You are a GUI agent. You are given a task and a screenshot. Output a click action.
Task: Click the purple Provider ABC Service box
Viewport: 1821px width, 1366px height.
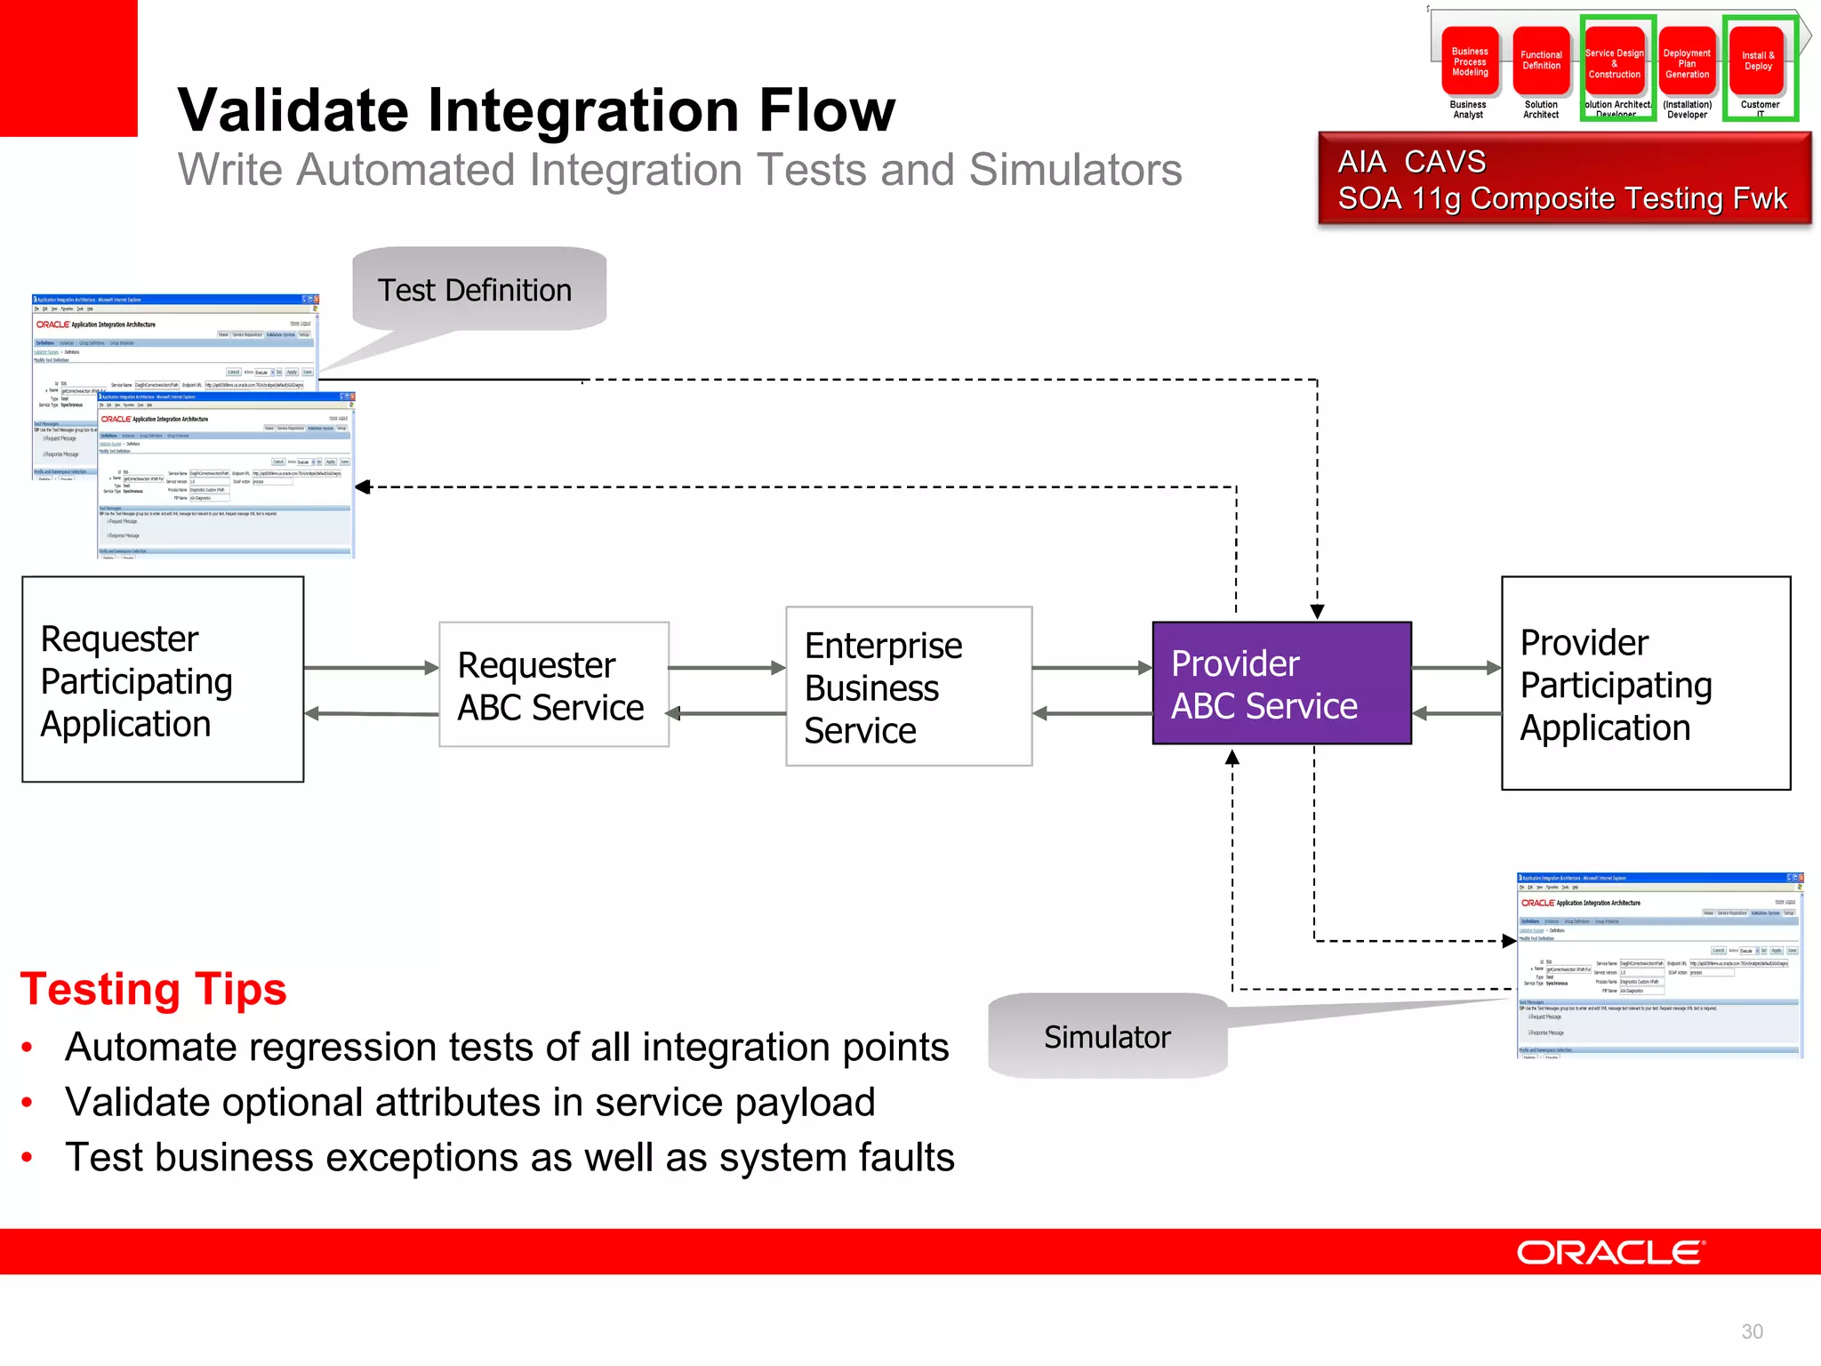coord(1281,683)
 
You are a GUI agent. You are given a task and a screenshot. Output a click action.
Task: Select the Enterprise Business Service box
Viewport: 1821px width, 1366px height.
coord(909,687)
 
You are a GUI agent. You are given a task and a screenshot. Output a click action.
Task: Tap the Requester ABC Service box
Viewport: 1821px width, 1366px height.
coord(553,685)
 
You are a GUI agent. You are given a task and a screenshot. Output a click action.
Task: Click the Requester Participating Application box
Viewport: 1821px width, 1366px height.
coord(163,679)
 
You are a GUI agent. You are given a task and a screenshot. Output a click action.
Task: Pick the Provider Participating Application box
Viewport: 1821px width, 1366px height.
coord(1645,683)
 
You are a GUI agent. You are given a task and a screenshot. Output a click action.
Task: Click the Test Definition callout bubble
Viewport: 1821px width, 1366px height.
coord(479,290)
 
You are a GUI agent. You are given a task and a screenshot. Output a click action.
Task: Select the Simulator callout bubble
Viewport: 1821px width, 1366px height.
coord(1108,1037)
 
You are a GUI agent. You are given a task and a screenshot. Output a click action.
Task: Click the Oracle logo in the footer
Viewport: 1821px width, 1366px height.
coord(1609,1253)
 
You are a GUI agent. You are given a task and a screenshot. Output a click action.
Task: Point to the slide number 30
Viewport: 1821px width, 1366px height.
coord(1752,1331)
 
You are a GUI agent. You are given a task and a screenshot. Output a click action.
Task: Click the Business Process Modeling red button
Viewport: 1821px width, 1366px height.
coord(1470,62)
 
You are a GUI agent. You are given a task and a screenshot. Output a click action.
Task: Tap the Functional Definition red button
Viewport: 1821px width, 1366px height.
coord(1541,60)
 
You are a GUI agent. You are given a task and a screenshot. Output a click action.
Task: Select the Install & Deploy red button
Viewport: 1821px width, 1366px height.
coord(1758,60)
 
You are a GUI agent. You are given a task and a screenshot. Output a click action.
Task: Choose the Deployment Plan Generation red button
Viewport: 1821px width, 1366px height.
coord(1687,63)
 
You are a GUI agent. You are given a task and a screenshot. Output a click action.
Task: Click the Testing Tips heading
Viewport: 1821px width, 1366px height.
coord(153,990)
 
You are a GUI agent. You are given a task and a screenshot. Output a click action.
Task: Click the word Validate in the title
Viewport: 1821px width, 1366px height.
coord(290,111)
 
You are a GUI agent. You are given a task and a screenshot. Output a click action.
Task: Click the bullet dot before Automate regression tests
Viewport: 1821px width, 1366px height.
coord(28,1048)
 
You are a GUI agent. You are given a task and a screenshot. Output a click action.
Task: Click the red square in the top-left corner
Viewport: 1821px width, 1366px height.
coord(68,67)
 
